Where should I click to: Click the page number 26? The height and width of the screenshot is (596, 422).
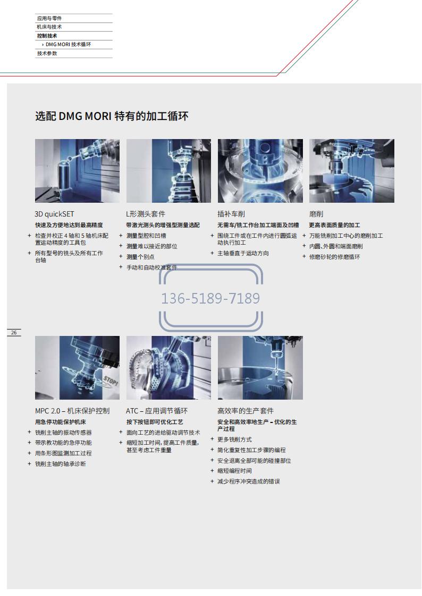pyautogui.click(x=14, y=333)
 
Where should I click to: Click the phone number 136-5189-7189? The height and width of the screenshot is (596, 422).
pyautogui.click(x=210, y=298)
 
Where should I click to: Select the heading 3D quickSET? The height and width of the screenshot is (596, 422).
pyautogui.click(x=54, y=214)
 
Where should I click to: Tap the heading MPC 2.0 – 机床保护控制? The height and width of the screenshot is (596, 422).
pyautogui.click(x=72, y=411)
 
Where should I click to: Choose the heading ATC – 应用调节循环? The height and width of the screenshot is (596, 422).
pyautogui.click(x=157, y=411)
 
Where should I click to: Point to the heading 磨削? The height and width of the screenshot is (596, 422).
pyautogui.click(x=316, y=214)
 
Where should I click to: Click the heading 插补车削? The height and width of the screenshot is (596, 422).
pyautogui.click(x=231, y=214)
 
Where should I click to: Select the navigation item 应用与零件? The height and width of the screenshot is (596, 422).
pyautogui.click(x=49, y=18)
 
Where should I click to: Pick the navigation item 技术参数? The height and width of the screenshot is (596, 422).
pyautogui.click(x=47, y=53)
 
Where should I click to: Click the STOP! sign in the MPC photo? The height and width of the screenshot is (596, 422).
pyautogui.click(x=111, y=379)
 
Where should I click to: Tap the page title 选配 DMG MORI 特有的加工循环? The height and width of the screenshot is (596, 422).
pyautogui.click(x=112, y=116)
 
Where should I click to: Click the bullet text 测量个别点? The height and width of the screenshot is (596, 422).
pyautogui.click(x=140, y=257)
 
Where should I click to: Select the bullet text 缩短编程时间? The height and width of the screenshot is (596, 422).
pyautogui.click(x=234, y=471)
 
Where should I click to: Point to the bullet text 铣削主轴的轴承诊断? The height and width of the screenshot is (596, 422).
pyautogui.click(x=61, y=464)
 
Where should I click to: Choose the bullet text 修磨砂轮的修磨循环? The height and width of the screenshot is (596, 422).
pyautogui.click(x=334, y=257)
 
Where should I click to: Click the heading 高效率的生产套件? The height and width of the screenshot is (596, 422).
pyautogui.click(x=246, y=411)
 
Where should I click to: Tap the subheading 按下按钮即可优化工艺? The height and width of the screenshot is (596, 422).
pyautogui.click(x=155, y=422)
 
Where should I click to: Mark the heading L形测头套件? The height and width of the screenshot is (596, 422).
pyautogui.click(x=146, y=214)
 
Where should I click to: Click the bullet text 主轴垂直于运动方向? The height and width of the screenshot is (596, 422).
pyautogui.click(x=243, y=253)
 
